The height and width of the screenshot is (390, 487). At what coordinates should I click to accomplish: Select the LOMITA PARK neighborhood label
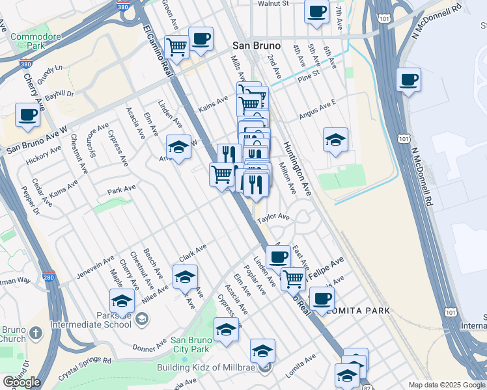pos(360,311)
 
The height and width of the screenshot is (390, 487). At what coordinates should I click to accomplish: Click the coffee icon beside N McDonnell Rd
pos(408,81)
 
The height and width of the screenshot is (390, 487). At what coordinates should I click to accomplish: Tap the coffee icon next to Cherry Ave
pos(27,115)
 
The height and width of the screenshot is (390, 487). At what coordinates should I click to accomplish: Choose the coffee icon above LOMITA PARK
pos(321,299)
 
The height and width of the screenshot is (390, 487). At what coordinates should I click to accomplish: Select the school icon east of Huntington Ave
pos(335,140)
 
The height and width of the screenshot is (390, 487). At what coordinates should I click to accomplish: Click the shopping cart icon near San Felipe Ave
pos(294,279)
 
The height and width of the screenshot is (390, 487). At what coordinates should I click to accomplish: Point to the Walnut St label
pos(273,4)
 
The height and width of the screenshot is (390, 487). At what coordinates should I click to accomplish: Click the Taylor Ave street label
pos(273,218)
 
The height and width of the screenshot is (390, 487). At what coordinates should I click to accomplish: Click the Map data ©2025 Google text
pos(447,385)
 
